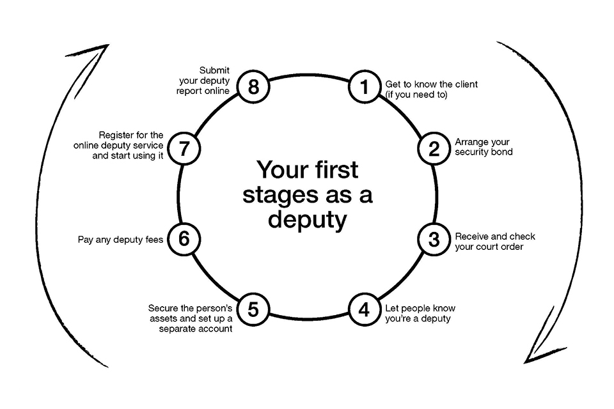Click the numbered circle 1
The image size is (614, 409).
[364, 86]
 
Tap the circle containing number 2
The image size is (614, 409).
[434, 148]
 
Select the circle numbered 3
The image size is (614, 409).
[434, 240]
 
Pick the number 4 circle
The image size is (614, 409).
[364, 310]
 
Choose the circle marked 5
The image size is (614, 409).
[253, 310]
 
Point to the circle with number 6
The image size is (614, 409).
[184, 240]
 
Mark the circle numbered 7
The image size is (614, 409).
[184, 148]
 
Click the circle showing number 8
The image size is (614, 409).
[253, 86]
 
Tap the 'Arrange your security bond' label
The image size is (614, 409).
[484, 147]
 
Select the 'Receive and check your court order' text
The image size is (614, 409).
[494, 241]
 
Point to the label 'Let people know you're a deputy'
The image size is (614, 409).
[420, 313]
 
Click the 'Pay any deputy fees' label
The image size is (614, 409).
[120, 240]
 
